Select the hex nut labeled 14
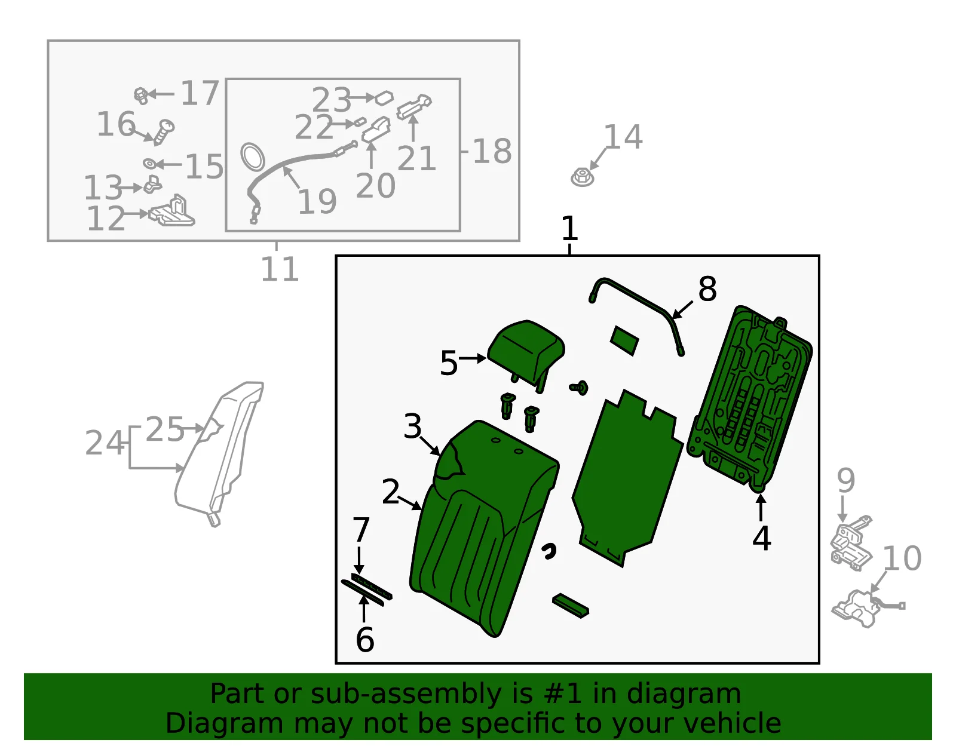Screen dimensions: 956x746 (x=583, y=177)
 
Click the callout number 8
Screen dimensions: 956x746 (x=707, y=289)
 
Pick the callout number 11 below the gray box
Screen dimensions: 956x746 (x=280, y=269)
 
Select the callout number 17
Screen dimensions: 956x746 (x=200, y=93)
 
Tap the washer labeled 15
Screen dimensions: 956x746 (x=149, y=164)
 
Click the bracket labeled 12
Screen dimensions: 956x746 (x=171, y=212)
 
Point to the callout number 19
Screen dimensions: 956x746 (x=317, y=202)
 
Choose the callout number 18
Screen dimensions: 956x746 (x=492, y=151)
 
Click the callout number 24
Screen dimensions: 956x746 (x=105, y=443)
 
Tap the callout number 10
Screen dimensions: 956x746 (x=902, y=558)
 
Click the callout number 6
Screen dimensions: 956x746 (x=364, y=640)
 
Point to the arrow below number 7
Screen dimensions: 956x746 (x=359, y=560)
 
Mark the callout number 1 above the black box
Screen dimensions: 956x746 (x=569, y=228)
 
